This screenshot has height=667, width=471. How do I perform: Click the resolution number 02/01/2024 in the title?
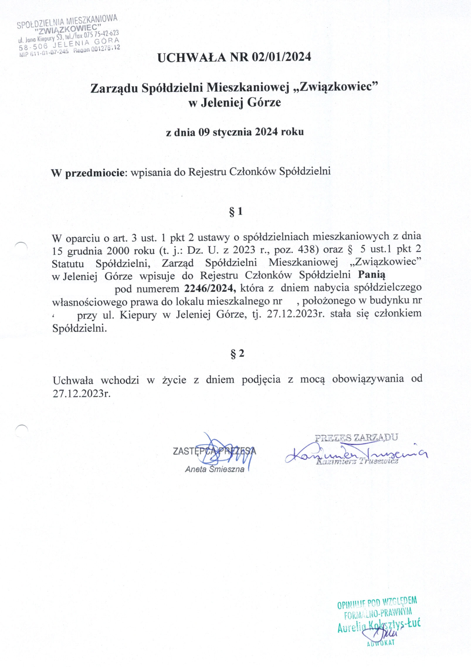281,57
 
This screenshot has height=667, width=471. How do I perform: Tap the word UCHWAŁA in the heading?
192,57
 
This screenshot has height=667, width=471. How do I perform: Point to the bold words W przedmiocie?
88,173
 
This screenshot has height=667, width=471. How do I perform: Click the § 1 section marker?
236,211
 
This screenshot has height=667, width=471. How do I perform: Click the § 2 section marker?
237,354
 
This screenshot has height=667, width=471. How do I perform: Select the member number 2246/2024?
210,288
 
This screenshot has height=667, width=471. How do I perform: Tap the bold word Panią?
371,275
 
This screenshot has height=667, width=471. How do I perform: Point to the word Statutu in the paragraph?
68,264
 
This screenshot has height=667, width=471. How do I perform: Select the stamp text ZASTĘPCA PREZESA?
214,451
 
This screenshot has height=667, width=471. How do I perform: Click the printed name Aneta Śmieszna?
214,469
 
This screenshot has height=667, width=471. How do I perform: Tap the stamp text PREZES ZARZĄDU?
356,438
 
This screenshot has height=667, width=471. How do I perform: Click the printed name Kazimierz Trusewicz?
357,461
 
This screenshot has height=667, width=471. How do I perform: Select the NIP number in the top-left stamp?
44,52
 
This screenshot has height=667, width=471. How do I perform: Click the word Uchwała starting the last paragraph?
73,380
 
